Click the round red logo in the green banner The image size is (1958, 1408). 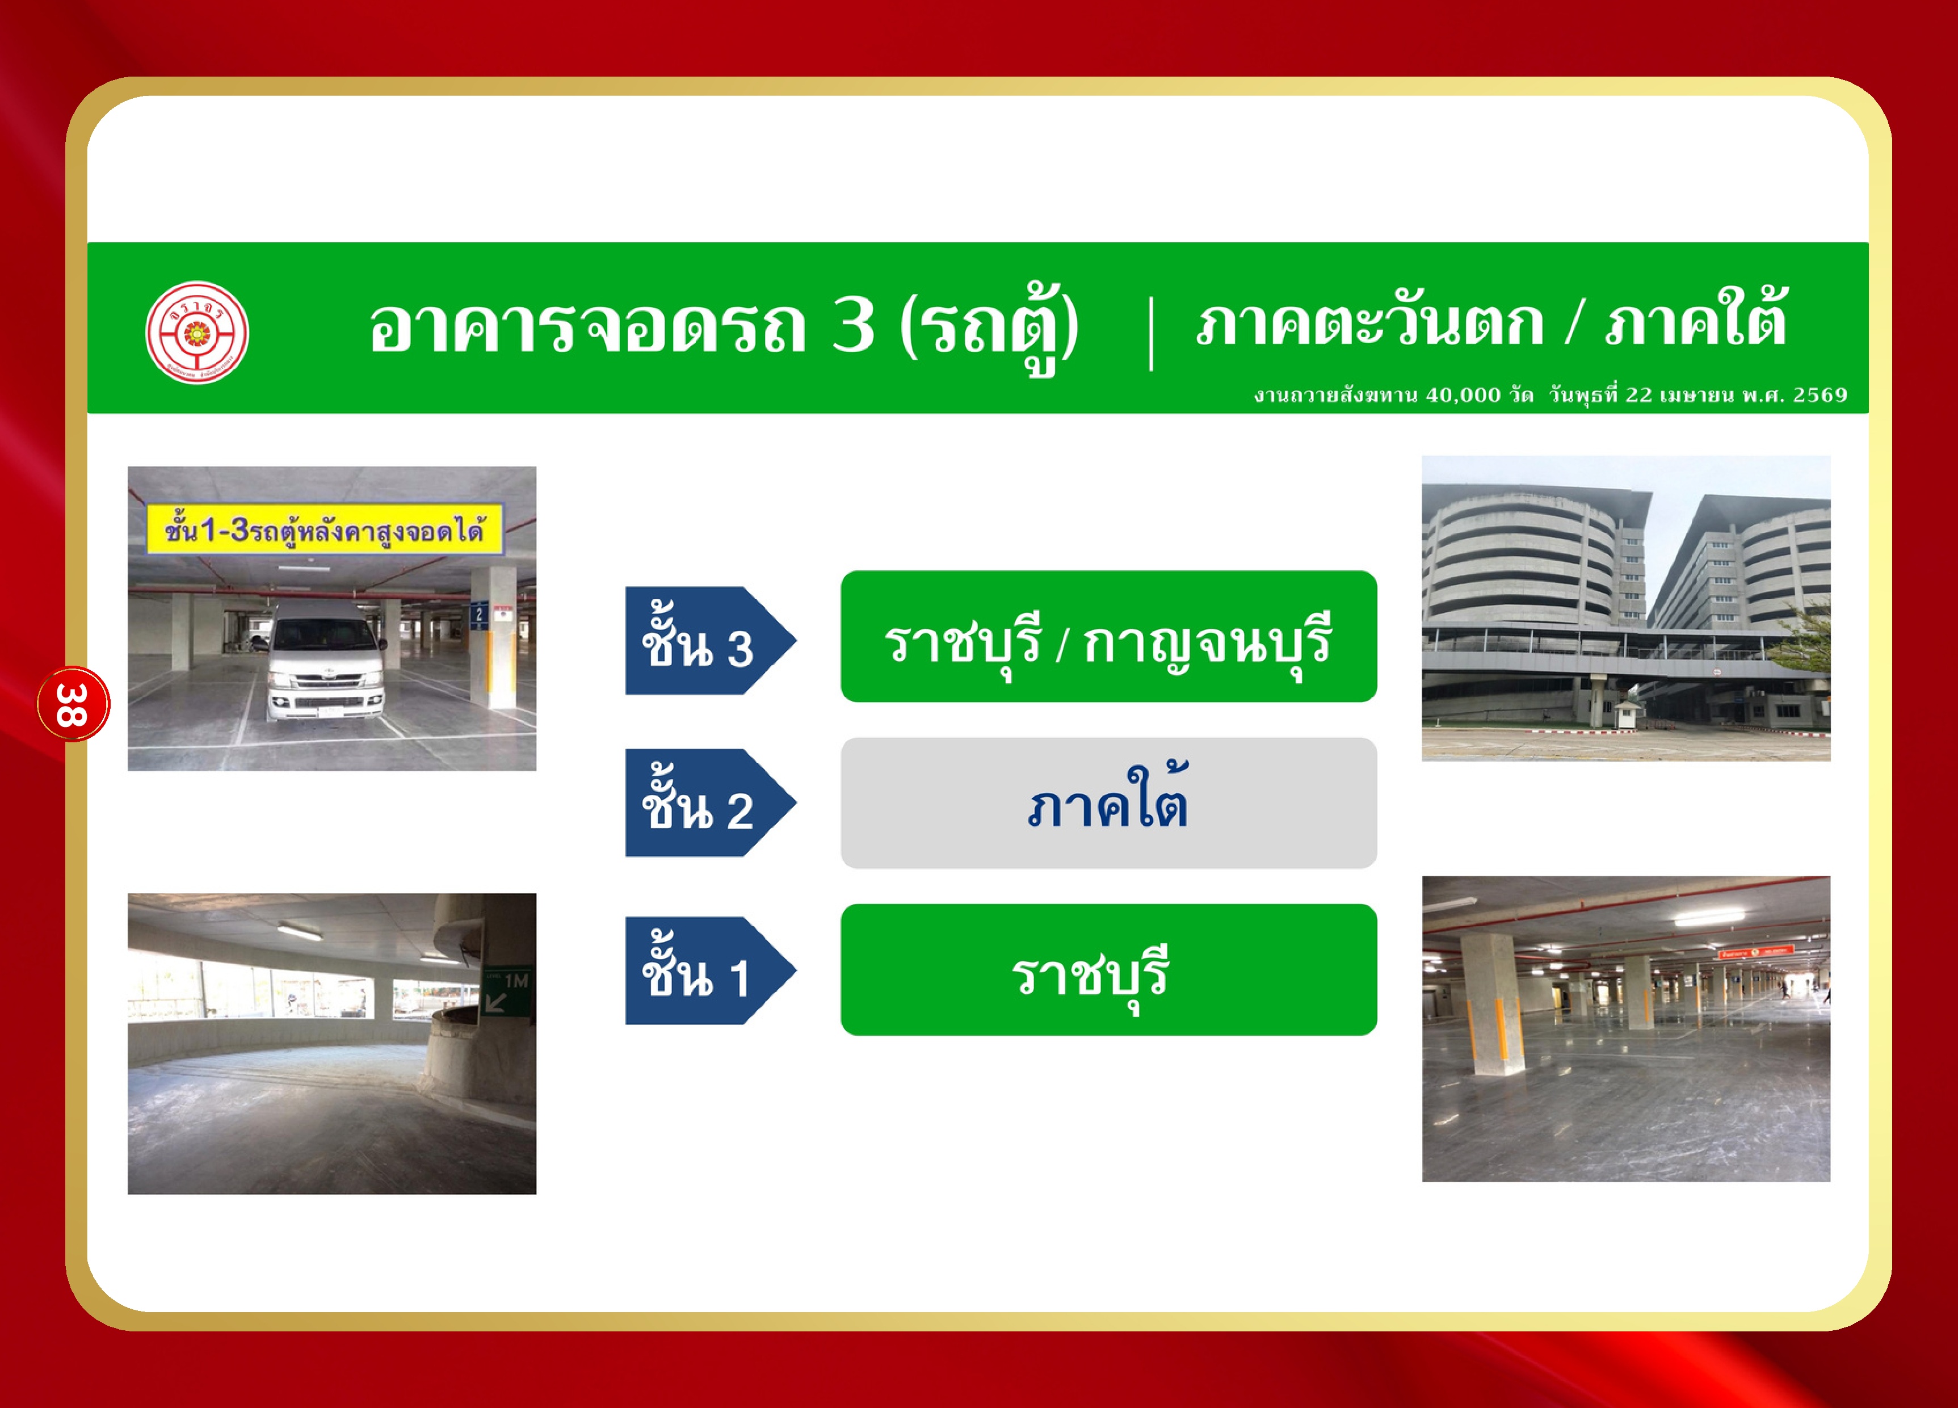(197, 333)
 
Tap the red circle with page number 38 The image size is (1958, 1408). (73, 704)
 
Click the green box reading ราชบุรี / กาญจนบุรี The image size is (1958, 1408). (1108, 636)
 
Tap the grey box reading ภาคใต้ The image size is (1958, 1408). (1108, 803)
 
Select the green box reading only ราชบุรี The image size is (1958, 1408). (1108, 969)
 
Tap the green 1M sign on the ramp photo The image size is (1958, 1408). (507, 991)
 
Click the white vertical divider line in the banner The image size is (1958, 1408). (1151, 333)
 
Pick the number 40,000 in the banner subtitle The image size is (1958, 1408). (1463, 396)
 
